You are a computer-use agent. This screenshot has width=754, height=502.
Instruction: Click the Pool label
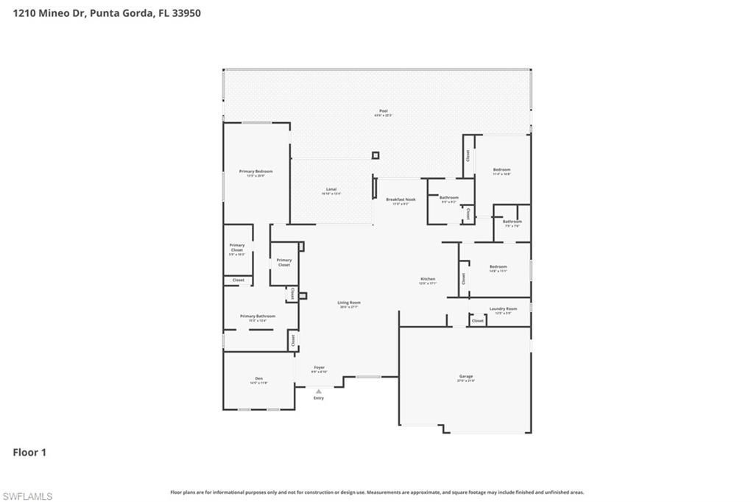click(383, 111)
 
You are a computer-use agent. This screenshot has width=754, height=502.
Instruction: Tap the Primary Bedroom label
click(256, 172)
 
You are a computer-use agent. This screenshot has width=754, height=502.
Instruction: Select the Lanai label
click(331, 190)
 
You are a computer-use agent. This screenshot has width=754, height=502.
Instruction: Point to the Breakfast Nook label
click(401, 199)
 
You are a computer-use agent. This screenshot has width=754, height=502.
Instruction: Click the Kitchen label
click(428, 279)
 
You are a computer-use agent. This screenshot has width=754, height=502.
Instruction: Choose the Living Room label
click(349, 303)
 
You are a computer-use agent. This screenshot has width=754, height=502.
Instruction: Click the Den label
click(258, 378)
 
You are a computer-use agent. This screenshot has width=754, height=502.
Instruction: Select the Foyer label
click(319, 367)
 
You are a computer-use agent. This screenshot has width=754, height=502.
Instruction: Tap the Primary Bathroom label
click(257, 316)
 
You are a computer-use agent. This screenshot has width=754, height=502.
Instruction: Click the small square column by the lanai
click(376, 155)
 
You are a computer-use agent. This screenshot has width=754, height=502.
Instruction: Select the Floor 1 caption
click(29, 453)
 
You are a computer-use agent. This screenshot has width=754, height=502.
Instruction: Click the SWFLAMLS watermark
click(27, 496)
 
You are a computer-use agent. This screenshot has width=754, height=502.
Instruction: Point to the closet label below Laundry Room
click(478, 321)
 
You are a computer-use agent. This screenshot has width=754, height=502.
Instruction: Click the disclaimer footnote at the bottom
click(377, 492)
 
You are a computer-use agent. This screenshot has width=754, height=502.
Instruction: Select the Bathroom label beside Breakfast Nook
click(449, 197)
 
